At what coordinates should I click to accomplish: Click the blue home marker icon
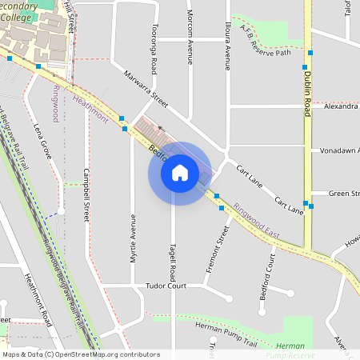tap(180, 173)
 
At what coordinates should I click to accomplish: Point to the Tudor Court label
tap(166, 286)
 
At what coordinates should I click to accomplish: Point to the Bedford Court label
tap(267, 278)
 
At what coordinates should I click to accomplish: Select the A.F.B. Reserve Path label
tap(261, 40)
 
